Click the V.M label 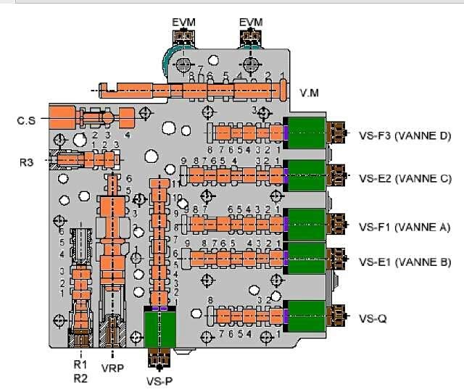coord(309,93)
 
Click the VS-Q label coord(373,317)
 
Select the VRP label coord(112,367)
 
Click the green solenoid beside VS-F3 coord(307,133)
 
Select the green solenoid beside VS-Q coord(307,317)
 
